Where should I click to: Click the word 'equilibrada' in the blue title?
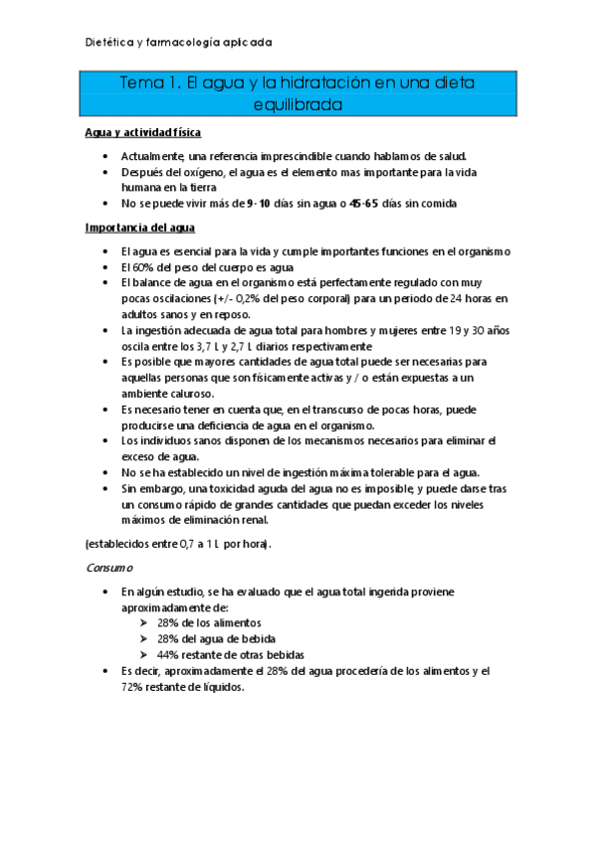(298, 103)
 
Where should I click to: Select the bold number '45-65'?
(363, 204)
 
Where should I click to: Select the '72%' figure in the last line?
(135, 687)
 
